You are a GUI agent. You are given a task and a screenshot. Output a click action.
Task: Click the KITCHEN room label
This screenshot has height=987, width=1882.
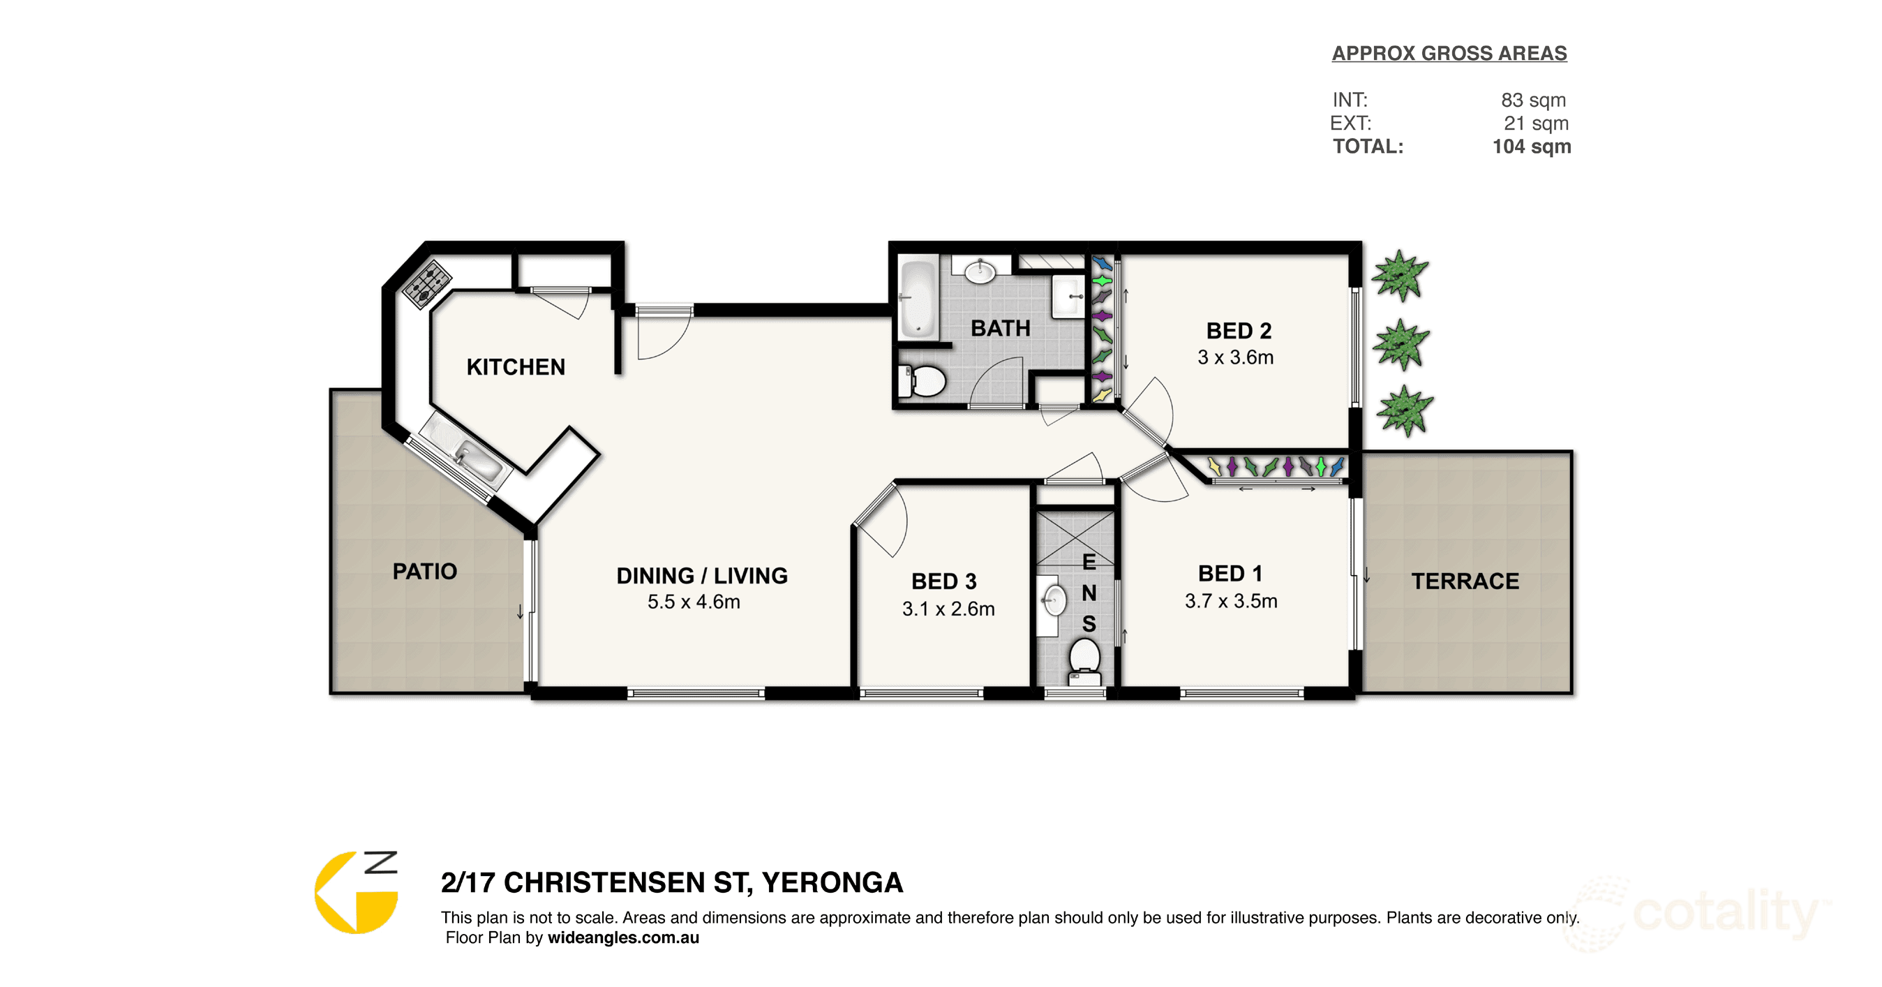pos(516,366)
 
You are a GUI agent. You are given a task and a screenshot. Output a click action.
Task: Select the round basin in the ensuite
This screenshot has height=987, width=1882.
pos(1054,600)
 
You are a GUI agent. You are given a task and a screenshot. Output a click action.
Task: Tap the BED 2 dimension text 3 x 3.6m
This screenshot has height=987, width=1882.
pos(1235,357)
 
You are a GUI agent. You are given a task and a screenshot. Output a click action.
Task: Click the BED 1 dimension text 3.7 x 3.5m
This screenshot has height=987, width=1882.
pos(1231,600)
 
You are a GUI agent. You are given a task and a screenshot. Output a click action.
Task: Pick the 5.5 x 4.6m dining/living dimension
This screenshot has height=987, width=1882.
pos(694,602)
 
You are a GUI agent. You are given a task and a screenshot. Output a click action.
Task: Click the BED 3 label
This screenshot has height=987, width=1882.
pos(944,581)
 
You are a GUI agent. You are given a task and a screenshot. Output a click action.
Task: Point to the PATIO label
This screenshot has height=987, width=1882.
pos(424,571)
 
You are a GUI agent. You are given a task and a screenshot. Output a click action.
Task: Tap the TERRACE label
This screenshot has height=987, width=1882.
pos(1465,581)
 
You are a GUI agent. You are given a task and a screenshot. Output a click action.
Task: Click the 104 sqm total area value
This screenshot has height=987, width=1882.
pos(1531,147)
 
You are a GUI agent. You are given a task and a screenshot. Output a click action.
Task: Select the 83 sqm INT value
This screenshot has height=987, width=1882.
pos(1534,100)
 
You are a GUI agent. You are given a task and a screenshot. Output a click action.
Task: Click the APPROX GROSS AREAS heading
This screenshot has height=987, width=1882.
pos(1449,53)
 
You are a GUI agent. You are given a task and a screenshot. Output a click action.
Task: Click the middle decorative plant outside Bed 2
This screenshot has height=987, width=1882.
pos(1401,344)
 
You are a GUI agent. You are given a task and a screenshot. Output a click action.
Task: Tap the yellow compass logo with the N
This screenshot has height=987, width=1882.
pos(357,892)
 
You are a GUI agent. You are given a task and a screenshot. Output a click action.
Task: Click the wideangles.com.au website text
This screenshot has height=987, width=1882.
pos(623,937)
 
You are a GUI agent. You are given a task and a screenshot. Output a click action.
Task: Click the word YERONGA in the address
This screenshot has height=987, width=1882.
pos(832,882)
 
